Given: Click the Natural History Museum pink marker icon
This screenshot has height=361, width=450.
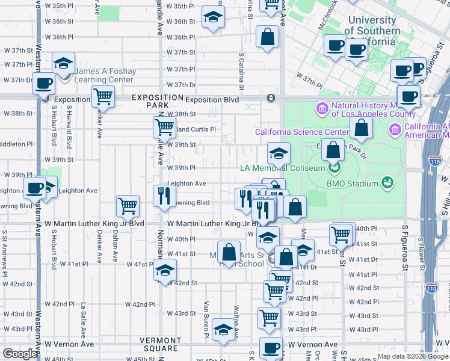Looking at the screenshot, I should pyautogui.click(x=322, y=109).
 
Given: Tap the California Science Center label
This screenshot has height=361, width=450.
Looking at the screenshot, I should pyautogui.click(x=301, y=132).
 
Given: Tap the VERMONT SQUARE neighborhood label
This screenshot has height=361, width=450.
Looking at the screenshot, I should pyautogui.click(x=160, y=344).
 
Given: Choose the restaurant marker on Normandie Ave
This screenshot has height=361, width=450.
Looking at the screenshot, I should pyautogui.click(x=164, y=195).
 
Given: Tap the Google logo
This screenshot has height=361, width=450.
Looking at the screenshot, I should pyautogui.click(x=19, y=354).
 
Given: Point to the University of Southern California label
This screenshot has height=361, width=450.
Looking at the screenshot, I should pyautogui.click(x=373, y=31).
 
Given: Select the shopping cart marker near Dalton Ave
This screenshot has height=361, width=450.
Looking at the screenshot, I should pyautogui.click(x=128, y=206).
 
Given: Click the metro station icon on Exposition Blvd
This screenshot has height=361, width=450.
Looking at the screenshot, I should pyautogui.click(x=272, y=97).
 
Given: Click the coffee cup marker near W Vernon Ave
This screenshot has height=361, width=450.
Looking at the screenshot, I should pyautogui.click(x=272, y=348).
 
